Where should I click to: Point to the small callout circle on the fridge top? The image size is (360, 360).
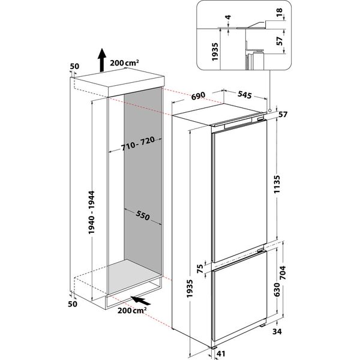point(269,110)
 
